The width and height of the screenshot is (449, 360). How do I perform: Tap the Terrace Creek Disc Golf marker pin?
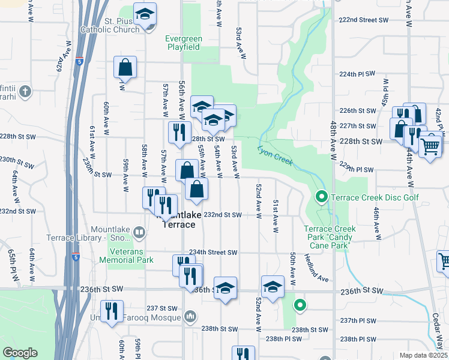[321, 196]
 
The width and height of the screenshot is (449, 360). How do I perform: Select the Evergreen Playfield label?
[184, 43]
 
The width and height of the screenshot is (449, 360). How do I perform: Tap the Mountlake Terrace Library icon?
[139, 232]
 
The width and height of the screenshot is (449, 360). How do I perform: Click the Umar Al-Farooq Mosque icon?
[190, 316]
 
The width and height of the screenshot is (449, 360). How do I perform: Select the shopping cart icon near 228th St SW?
[430, 145]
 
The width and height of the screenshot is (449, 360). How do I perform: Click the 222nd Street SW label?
[364, 20]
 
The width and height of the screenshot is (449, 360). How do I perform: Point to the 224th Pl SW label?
[357, 74]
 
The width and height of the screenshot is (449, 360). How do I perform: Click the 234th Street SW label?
[214, 253]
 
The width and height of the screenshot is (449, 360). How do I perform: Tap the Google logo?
[20, 353]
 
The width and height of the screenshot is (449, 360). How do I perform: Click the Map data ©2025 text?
[423, 355]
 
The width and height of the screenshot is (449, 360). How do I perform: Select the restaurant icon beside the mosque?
[112, 311]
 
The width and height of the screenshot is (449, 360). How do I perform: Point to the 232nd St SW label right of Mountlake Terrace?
[223, 215]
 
